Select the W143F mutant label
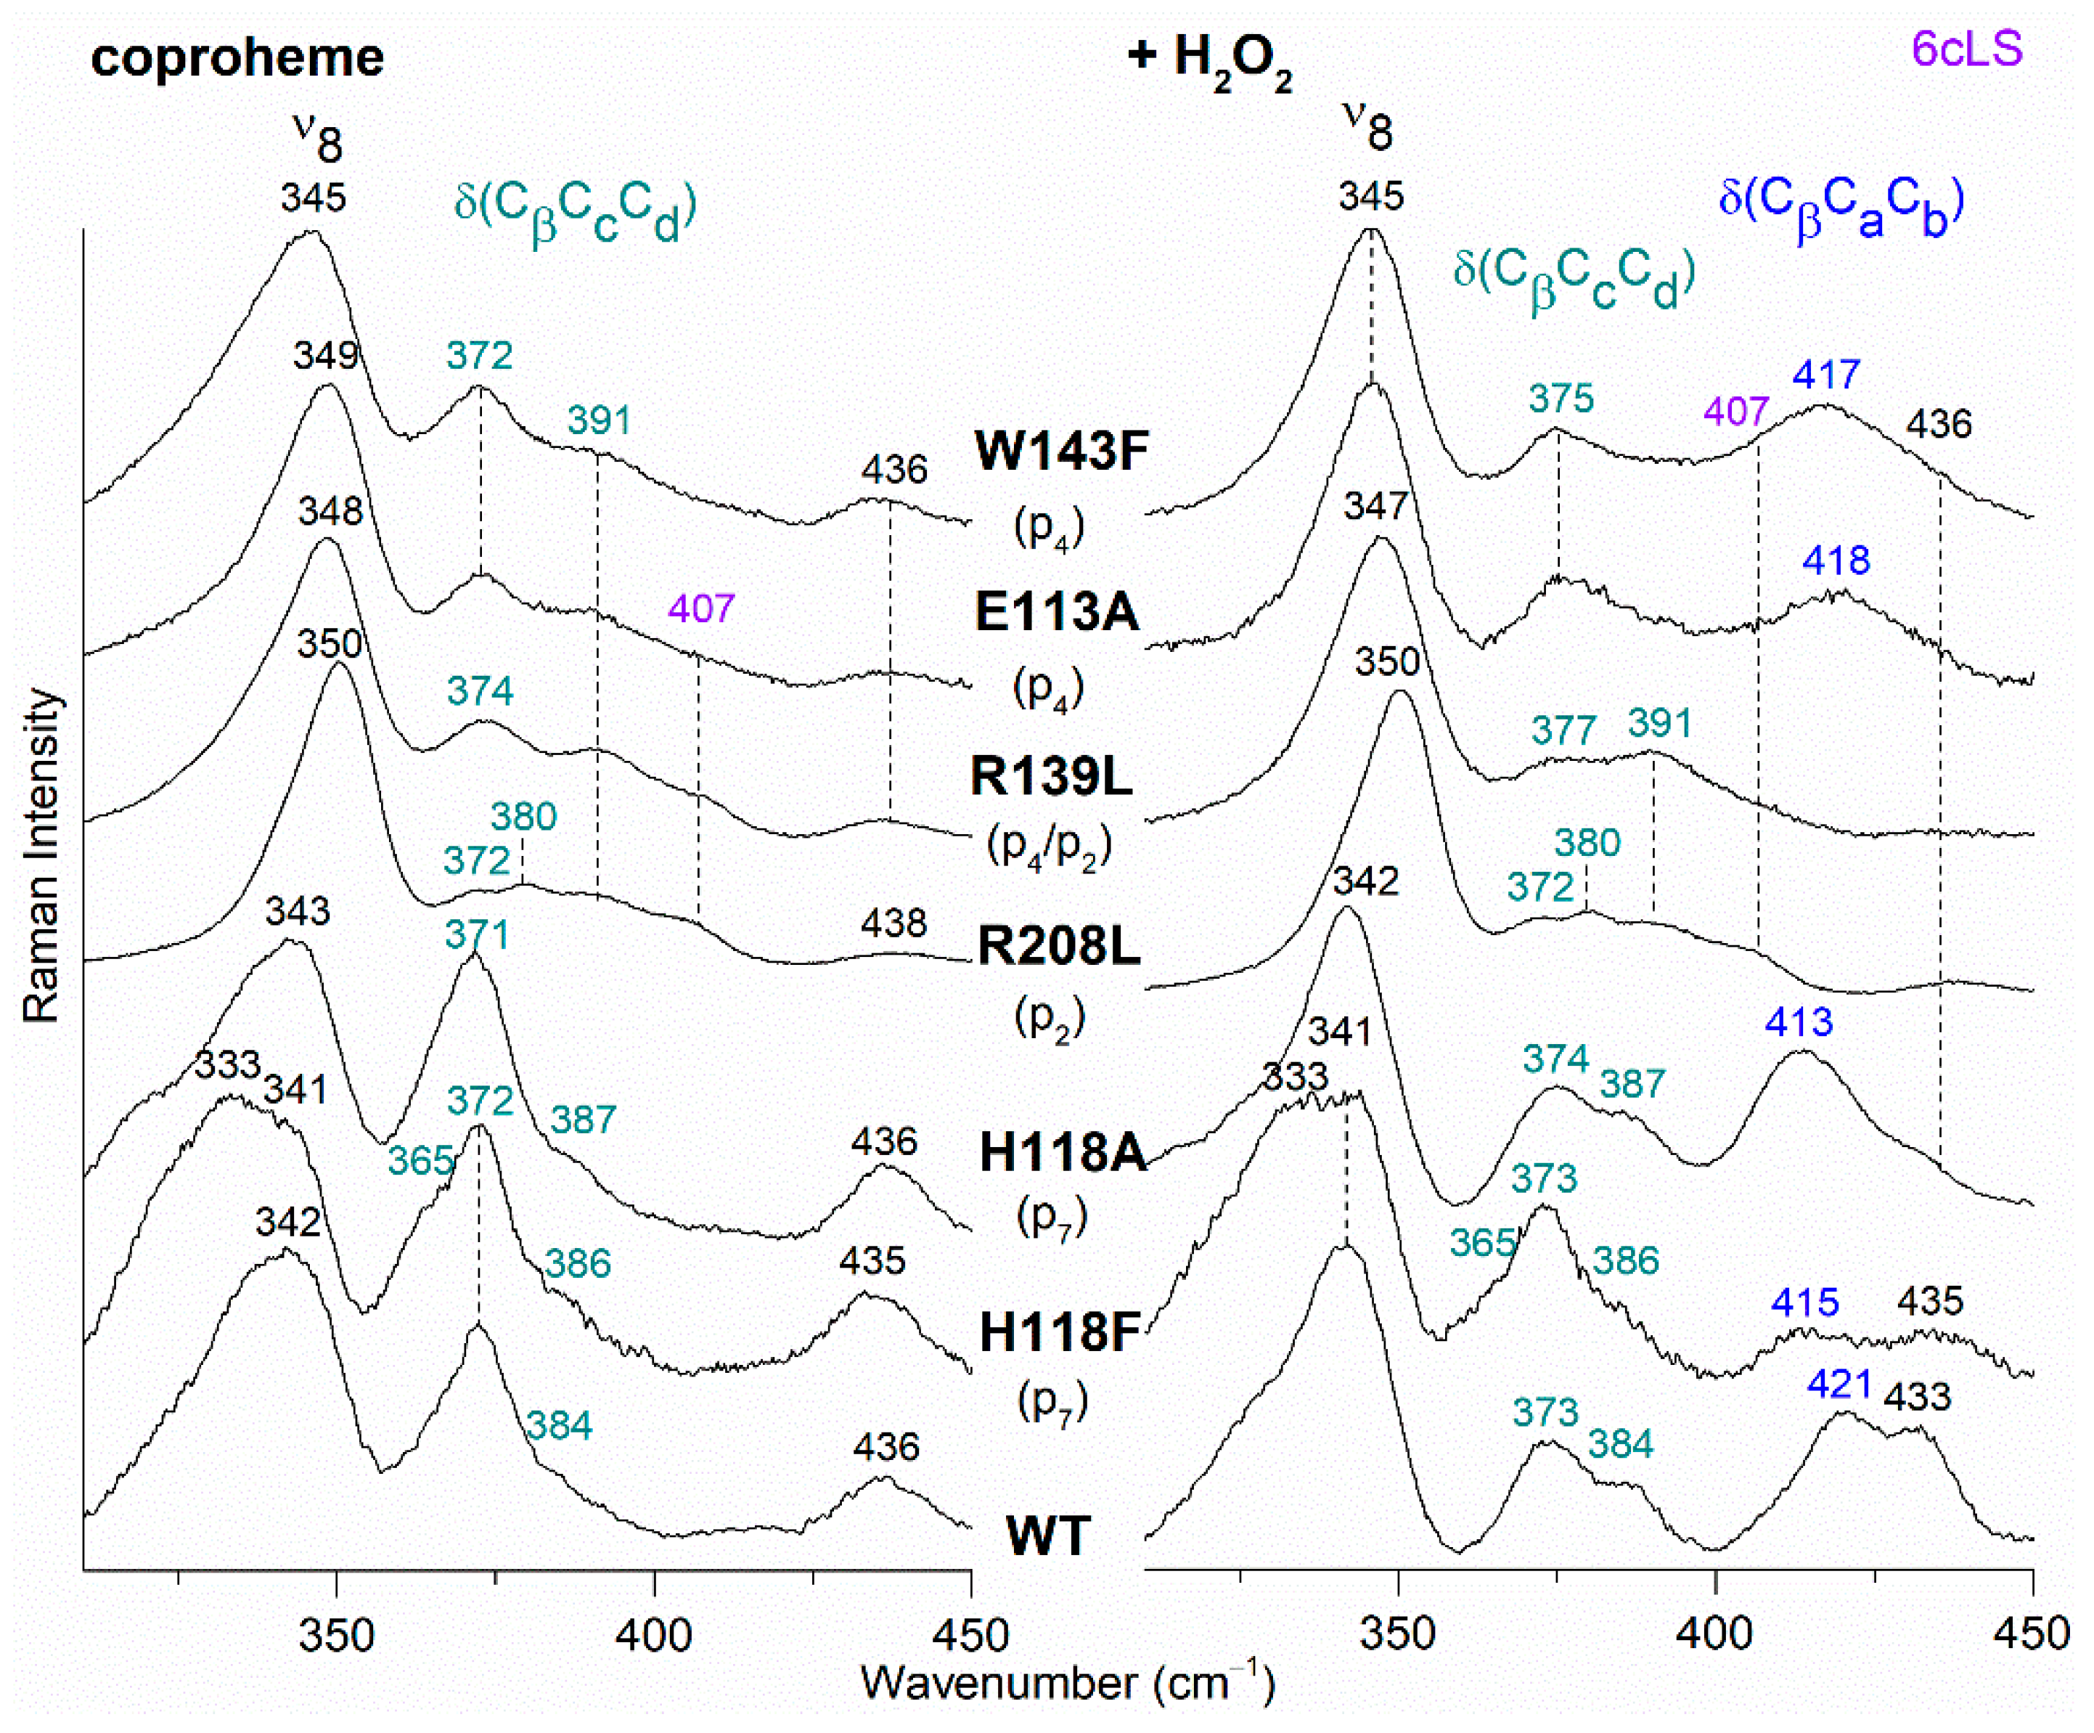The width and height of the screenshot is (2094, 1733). pos(1061,451)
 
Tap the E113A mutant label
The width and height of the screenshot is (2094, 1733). pos(1056,611)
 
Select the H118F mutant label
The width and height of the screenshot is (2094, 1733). pos(1059,1332)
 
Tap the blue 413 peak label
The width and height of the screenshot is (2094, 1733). pos(1799,1022)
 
